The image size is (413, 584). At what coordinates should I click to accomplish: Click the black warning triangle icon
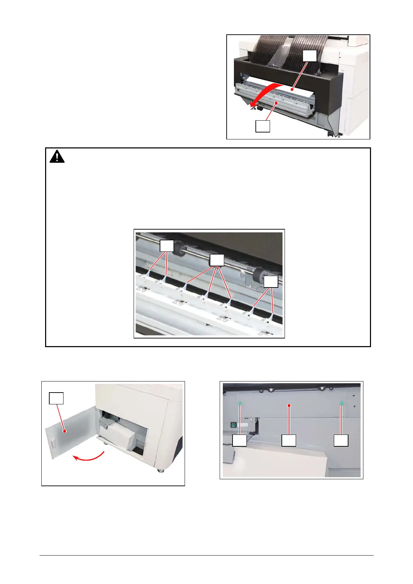point(57,157)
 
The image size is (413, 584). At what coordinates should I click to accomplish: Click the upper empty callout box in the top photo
point(310,56)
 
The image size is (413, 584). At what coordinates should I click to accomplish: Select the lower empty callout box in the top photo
point(263,126)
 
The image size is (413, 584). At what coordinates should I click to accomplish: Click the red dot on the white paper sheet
point(292,90)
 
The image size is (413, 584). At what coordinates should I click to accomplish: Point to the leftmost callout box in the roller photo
point(167,246)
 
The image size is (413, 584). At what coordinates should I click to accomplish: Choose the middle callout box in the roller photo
point(217,260)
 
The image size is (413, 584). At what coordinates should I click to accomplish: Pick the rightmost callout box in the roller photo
point(271,281)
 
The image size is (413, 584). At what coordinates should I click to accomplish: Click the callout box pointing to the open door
point(56,398)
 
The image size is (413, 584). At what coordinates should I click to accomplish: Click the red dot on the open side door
point(64,431)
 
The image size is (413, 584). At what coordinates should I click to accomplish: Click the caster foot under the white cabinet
point(160,470)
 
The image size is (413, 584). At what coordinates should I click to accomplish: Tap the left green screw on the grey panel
point(240,403)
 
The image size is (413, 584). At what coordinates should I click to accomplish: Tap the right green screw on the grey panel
point(341,403)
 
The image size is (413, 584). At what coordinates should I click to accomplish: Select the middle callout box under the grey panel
point(289,440)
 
